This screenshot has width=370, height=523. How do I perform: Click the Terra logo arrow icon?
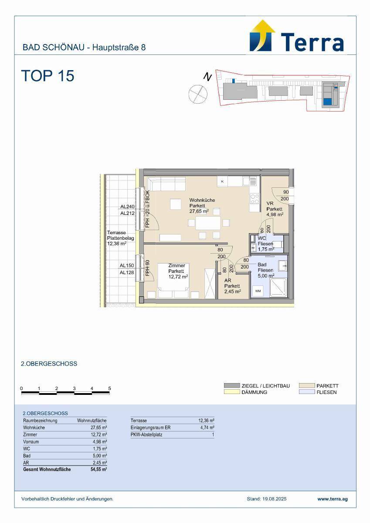(x=262, y=35)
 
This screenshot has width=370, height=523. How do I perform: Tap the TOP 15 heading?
(x=48, y=76)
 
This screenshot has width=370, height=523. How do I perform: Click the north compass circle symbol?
(x=198, y=94)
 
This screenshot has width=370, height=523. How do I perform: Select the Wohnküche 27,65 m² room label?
(x=199, y=206)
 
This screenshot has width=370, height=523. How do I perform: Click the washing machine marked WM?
(x=258, y=291)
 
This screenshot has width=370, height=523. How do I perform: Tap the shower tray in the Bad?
(x=278, y=288)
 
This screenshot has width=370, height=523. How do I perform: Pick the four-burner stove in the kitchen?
(x=255, y=199)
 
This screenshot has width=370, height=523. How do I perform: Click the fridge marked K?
(x=222, y=181)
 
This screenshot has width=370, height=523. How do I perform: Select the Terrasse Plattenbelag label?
(x=120, y=235)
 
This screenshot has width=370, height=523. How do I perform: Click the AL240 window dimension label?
(x=127, y=207)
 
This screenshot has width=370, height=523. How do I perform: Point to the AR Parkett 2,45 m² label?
(x=233, y=286)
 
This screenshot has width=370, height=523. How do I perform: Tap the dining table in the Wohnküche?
(x=208, y=223)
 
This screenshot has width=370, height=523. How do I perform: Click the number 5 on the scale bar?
(x=109, y=388)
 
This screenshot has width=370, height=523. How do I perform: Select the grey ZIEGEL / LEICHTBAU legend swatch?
(x=232, y=385)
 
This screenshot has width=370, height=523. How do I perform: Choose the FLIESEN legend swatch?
(x=307, y=392)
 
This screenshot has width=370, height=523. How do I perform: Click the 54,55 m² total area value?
(x=99, y=469)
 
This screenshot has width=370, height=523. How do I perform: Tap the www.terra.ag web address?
(x=333, y=499)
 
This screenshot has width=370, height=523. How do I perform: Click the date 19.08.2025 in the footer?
(x=274, y=499)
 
